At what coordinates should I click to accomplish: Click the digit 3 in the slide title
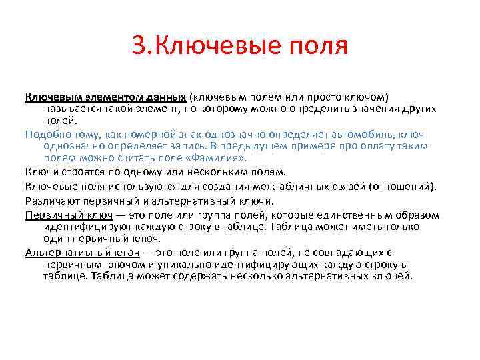coord(138,47)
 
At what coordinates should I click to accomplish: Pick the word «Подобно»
coord(47,133)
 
